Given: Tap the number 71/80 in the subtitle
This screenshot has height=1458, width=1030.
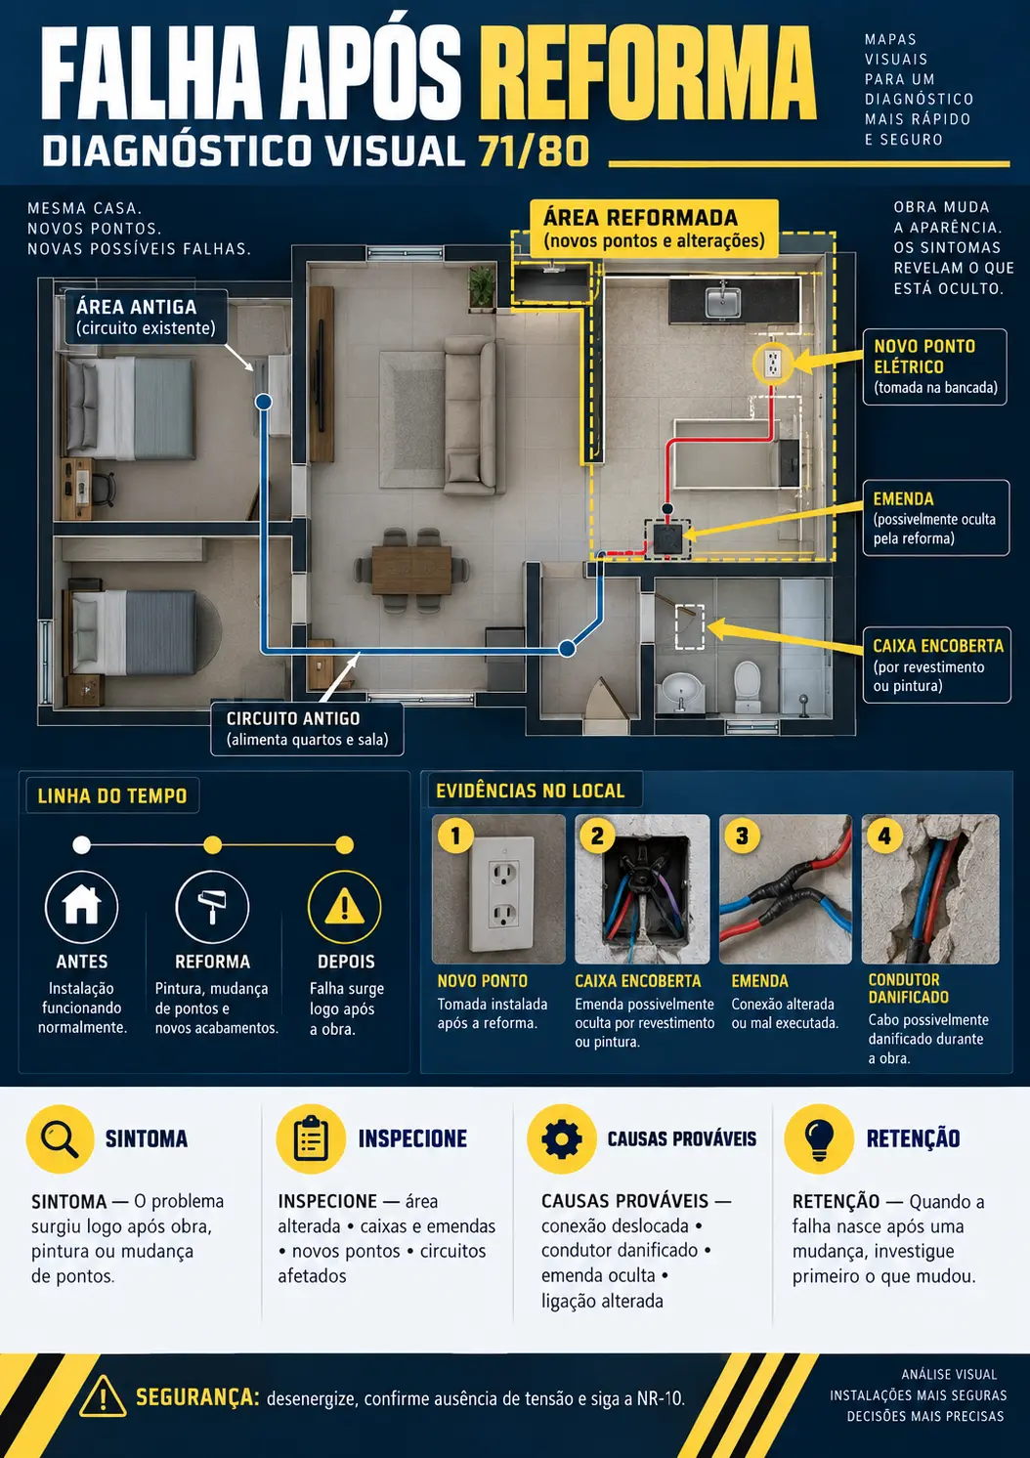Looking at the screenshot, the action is point(534,151).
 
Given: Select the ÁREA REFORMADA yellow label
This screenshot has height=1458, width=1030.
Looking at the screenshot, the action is point(654,229).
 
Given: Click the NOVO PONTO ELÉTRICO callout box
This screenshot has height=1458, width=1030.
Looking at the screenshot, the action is point(935,367).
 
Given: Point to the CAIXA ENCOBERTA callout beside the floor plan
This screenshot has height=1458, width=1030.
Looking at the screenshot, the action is point(937,665).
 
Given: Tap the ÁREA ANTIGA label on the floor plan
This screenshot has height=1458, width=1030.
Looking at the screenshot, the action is point(146,317).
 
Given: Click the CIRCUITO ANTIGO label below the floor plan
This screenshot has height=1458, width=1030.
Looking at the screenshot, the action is point(307,728).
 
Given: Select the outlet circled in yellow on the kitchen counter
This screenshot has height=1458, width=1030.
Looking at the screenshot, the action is point(772,364).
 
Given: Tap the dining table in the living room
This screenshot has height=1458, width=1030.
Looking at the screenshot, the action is point(411,570).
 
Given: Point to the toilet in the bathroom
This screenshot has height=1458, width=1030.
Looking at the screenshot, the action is point(748,687).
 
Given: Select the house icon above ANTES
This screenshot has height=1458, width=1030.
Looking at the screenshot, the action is point(81,906).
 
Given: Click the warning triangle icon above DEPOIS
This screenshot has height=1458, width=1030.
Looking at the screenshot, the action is point(344,907).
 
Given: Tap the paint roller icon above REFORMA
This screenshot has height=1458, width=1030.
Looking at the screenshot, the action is point(212,907).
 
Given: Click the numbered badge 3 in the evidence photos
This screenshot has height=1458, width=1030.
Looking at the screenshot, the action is point(742,836).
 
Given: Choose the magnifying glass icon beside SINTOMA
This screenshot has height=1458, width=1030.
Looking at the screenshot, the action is point(61,1139).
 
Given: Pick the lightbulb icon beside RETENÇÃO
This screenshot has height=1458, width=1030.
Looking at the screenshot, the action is point(818,1139).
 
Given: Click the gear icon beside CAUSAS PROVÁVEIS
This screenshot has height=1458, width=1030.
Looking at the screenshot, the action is point(561,1139).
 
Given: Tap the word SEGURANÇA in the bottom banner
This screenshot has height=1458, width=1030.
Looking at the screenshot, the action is point(197,1396).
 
